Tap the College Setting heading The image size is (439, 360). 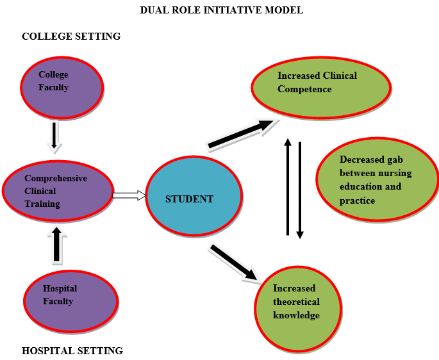pyautogui.click(x=71, y=37)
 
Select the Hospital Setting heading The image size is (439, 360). pyautogui.click(x=72, y=350)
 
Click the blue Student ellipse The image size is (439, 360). pyautogui.click(x=194, y=199)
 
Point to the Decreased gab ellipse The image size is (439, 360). pyautogui.click(x=377, y=179)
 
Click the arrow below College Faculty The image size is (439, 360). pyautogui.click(x=56, y=136)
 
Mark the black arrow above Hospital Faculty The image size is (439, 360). pyautogui.click(x=56, y=244)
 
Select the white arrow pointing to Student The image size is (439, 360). pyautogui.click(x=129, y=195)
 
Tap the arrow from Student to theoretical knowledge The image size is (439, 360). pyautogui.click(x=235, y=262)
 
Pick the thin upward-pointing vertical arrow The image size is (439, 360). pyautogui.click(x=288, y=187)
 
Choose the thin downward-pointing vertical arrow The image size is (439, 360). pyautogui.click(x=300, y=190)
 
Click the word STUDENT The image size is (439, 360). pyautogui.click(x=190, y=199)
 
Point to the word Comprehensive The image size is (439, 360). pyautogui.click(x=55, y=178)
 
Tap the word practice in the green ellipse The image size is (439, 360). pyautogui.click(x=358, y=201)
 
